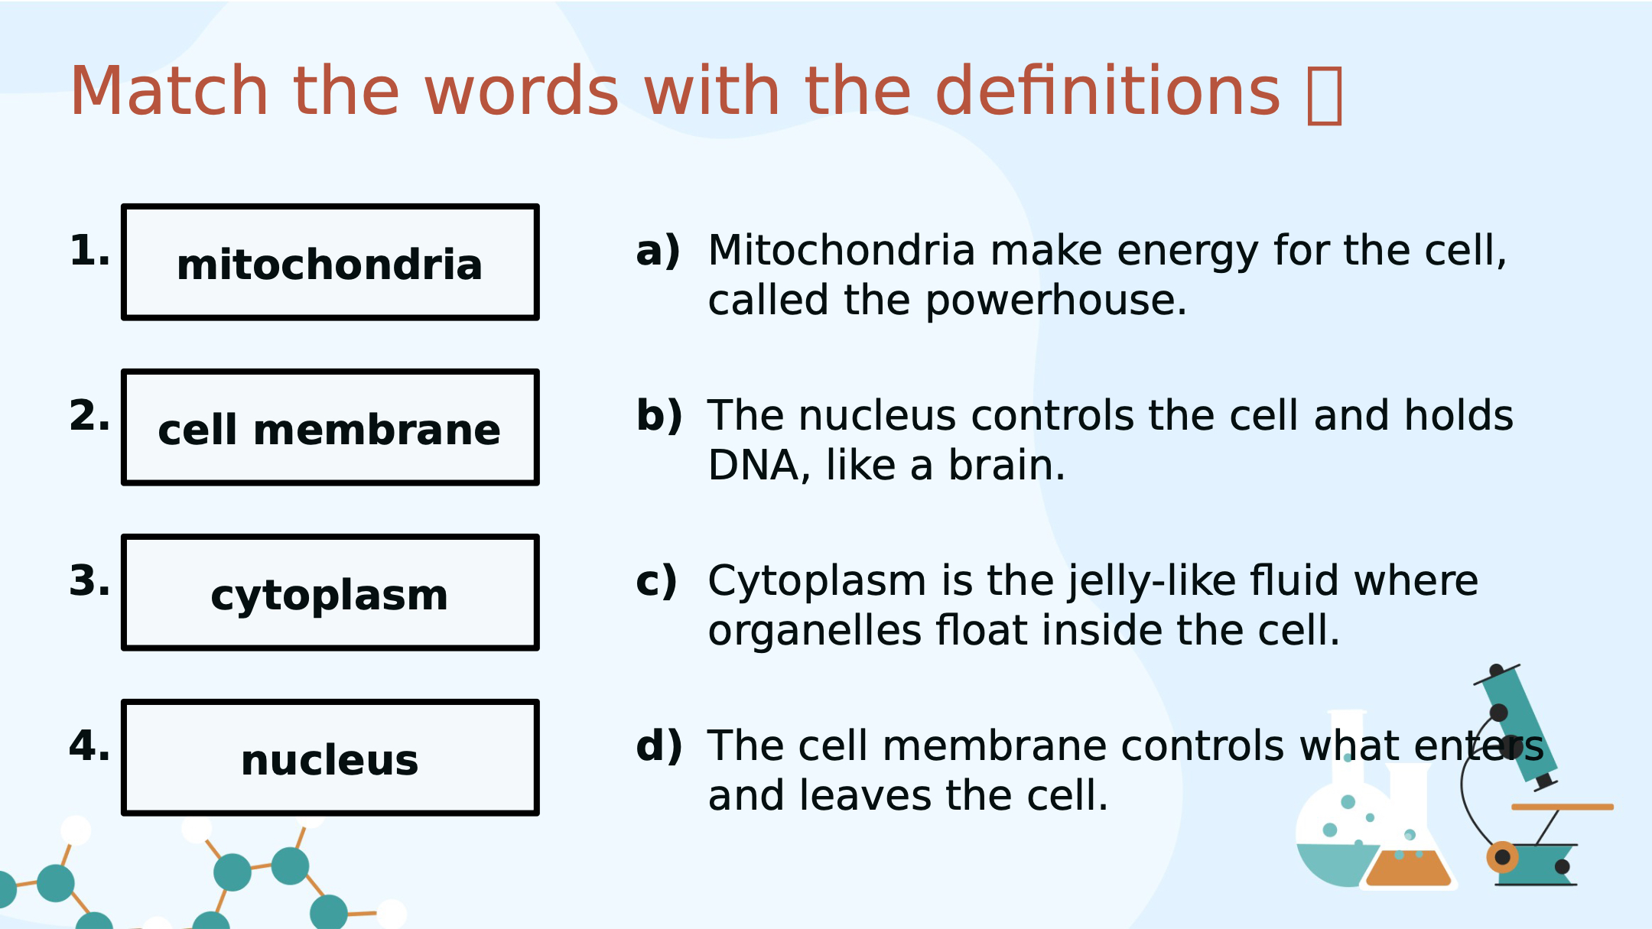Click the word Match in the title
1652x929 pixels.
coord(169,91)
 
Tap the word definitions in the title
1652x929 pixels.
coord(1107,91)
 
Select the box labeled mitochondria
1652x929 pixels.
coord(330,262)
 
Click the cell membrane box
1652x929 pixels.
coord(330,427)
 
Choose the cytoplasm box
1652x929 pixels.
coord(330,593)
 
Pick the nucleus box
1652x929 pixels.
coord(330,758)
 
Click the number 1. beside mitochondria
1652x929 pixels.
coord(89,251)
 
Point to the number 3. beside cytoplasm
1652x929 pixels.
coord(89,581)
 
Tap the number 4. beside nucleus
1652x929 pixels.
coord(89,746)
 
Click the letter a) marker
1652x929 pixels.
coord(659,251)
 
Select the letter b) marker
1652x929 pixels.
coord(659,416)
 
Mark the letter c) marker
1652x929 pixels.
coord(657,581)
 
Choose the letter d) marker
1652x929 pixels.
coord(659,746)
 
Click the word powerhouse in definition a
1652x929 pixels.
coord(1056,300)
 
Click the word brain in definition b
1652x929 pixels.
coord(1006,465)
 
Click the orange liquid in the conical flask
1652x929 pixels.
coord(1408,869)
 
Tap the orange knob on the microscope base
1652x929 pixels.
coord(1503,857)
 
